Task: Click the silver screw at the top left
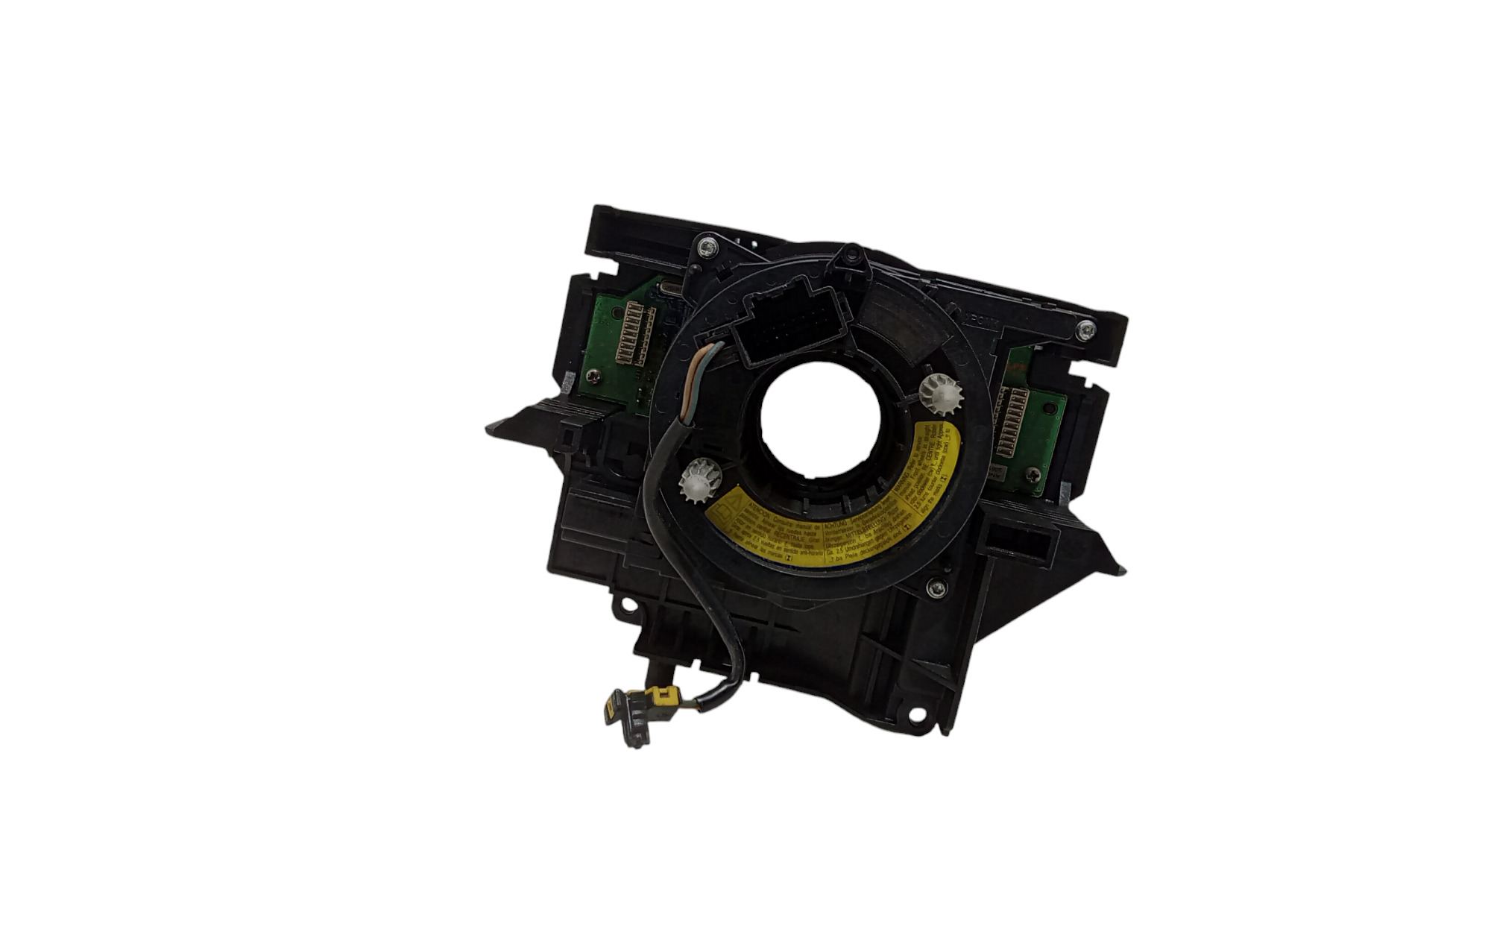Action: (x=706, y=245)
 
